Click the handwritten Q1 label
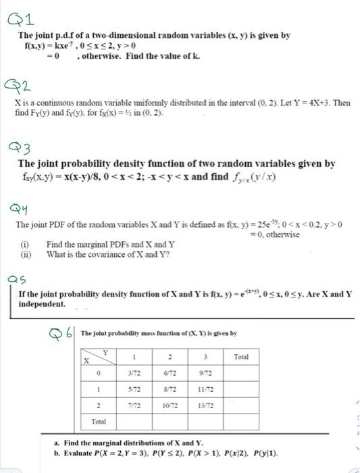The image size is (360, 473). pos(17,16)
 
